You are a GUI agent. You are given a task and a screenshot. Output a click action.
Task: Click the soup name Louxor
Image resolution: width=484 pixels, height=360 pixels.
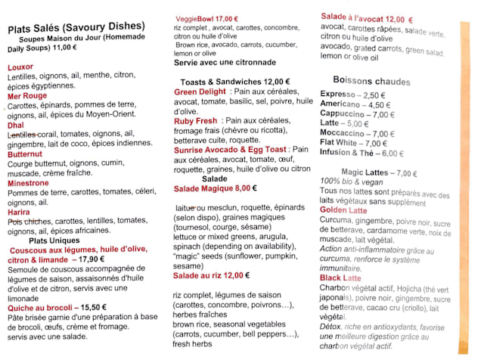[20, 67]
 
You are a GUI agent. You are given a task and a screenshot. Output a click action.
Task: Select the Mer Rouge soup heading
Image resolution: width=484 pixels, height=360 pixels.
[26, 96]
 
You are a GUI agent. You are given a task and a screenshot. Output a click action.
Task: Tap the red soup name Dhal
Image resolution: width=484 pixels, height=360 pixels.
[16, 125]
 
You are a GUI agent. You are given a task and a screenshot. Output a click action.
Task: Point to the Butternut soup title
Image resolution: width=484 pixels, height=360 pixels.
[25, 154]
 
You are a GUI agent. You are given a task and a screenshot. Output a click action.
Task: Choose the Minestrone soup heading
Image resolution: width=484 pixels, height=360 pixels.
[28, 183]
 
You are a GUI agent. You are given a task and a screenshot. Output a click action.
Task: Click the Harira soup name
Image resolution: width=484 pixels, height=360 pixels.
[19, 212]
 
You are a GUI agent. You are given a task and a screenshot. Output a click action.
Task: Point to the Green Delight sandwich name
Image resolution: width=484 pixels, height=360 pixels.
[200, 92]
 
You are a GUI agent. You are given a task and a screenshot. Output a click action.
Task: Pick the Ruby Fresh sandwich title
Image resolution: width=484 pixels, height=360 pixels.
[196, 121]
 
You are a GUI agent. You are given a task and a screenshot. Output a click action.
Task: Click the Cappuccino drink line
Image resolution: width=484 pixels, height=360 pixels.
[347, 114]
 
